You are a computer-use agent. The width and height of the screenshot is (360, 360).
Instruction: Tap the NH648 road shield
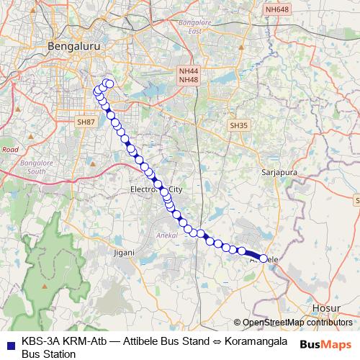276,9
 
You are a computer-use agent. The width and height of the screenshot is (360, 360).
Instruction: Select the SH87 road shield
86,122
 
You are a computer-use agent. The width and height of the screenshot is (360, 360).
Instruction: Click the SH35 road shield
238,125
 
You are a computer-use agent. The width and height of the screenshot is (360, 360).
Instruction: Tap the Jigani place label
124,253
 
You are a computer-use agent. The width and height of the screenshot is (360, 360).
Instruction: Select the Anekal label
166,235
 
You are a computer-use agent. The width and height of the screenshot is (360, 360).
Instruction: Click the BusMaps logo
325,344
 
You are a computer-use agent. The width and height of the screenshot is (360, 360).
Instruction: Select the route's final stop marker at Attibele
264,258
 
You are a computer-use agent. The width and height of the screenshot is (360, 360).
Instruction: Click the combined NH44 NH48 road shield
189,76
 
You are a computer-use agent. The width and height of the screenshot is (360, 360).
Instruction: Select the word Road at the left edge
10,149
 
